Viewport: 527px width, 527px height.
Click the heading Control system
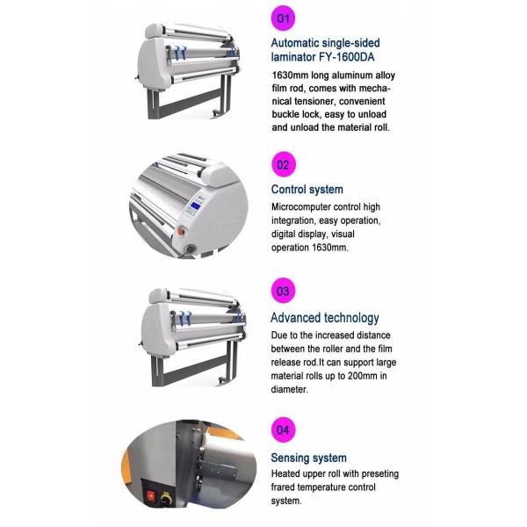tap(307, 189)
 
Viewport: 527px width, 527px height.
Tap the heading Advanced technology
tap(324, 318)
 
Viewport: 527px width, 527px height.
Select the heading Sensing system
tap(308, 458)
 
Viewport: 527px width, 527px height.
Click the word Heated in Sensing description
tap(288, 473)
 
